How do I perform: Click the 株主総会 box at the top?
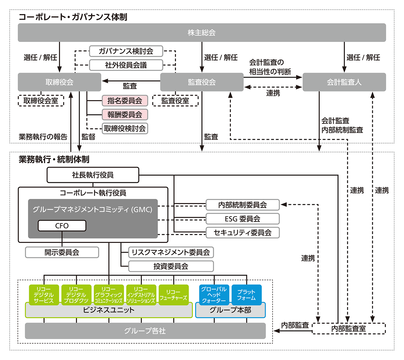(202, 33)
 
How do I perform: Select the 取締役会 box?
(59, 82)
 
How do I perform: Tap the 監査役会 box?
(202, 82)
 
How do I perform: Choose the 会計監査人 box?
(344, 82)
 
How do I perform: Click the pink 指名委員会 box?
(125, 101)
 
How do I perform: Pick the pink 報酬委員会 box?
(125, 114)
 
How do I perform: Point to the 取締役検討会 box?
(125, 128)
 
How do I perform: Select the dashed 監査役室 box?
(175, 101)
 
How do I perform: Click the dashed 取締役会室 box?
(41, 101)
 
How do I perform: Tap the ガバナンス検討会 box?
(126, 51)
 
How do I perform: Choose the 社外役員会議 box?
(126, 65)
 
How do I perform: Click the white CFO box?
(62, 226)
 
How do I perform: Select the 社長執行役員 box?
(93, 175)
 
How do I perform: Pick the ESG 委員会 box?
(242, 219)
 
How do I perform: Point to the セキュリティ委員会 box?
(242, 232)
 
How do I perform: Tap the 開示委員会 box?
(62, 252)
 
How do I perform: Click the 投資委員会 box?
(171, 266)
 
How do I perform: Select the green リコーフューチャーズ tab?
(173, 295)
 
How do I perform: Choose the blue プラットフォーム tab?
(246, 295)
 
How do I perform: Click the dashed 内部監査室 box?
(349, 328)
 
